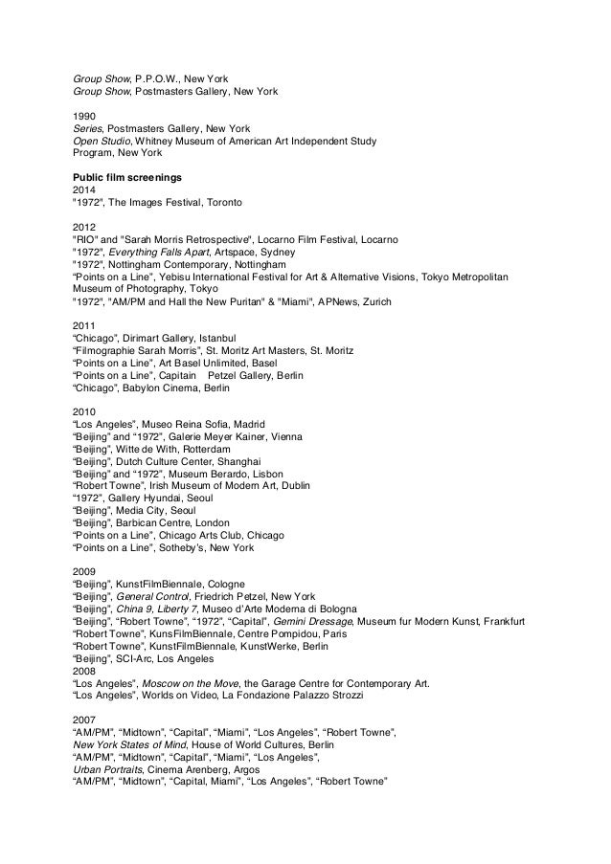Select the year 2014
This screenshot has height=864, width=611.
pyautogui.click(x=84, y=189)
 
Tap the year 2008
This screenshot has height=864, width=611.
pyautogui.click(x=84, y=671)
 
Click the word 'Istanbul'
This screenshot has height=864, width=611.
pyautogui.click(x=240, y=338)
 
